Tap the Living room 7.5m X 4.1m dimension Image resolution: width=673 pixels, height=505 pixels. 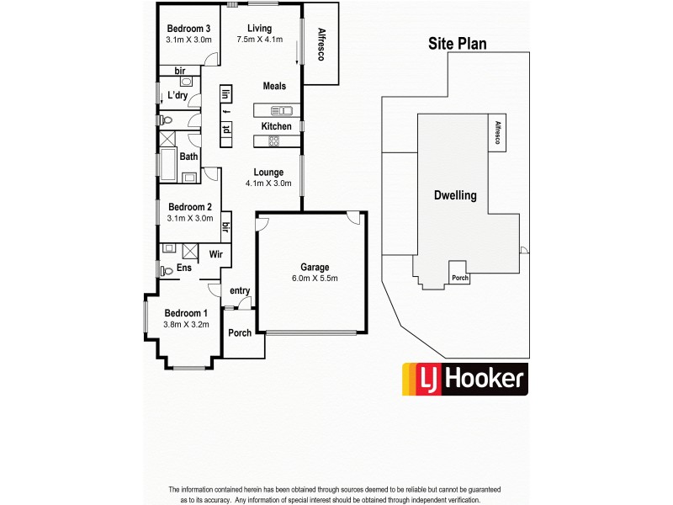[259, 40]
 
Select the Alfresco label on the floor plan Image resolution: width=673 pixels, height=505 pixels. [321, 44]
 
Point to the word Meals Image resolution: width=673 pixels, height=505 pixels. [274, 86]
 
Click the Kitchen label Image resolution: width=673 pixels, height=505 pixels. [276, 126]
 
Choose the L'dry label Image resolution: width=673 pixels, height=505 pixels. [178, 95]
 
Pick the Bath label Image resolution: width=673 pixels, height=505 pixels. [188, 157]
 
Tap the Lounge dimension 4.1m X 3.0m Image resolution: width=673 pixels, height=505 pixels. [268, 183]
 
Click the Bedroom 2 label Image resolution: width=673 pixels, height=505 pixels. [189, 207]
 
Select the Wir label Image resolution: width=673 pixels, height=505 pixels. [215, 253]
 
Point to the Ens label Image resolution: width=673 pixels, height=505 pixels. [184, 268]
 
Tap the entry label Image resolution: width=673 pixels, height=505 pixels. [240, 291]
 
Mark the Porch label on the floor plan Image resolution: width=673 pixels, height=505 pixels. [240, 332]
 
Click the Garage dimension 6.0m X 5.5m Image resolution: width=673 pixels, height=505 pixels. [311, 278]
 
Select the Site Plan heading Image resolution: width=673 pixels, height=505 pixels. [458, 45]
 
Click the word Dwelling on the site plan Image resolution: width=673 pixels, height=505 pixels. [455, 195]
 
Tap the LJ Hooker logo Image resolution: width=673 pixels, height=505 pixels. [464, 379]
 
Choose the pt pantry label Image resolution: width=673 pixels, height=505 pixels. [226, 129]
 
